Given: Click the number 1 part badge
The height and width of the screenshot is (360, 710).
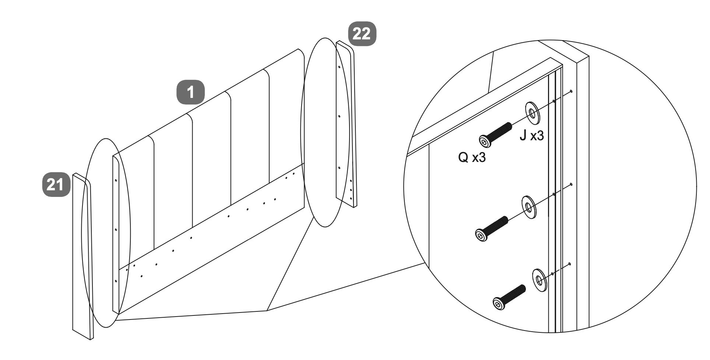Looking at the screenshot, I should (190, 92).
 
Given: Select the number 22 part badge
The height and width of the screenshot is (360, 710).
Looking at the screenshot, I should (362, 34).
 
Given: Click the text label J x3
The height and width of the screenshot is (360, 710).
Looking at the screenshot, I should (531, 136).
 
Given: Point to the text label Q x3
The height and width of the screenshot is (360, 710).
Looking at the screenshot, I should (472, 158).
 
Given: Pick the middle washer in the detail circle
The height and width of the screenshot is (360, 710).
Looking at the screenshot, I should (529, 207).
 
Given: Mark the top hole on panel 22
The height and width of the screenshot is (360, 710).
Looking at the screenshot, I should (338, 67).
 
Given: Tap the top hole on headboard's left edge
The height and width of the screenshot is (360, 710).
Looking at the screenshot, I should (116, 180).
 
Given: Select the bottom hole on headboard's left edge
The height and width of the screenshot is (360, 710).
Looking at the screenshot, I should (116, 281).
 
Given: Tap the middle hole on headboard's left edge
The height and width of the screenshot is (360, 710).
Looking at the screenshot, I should (116, 230).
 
